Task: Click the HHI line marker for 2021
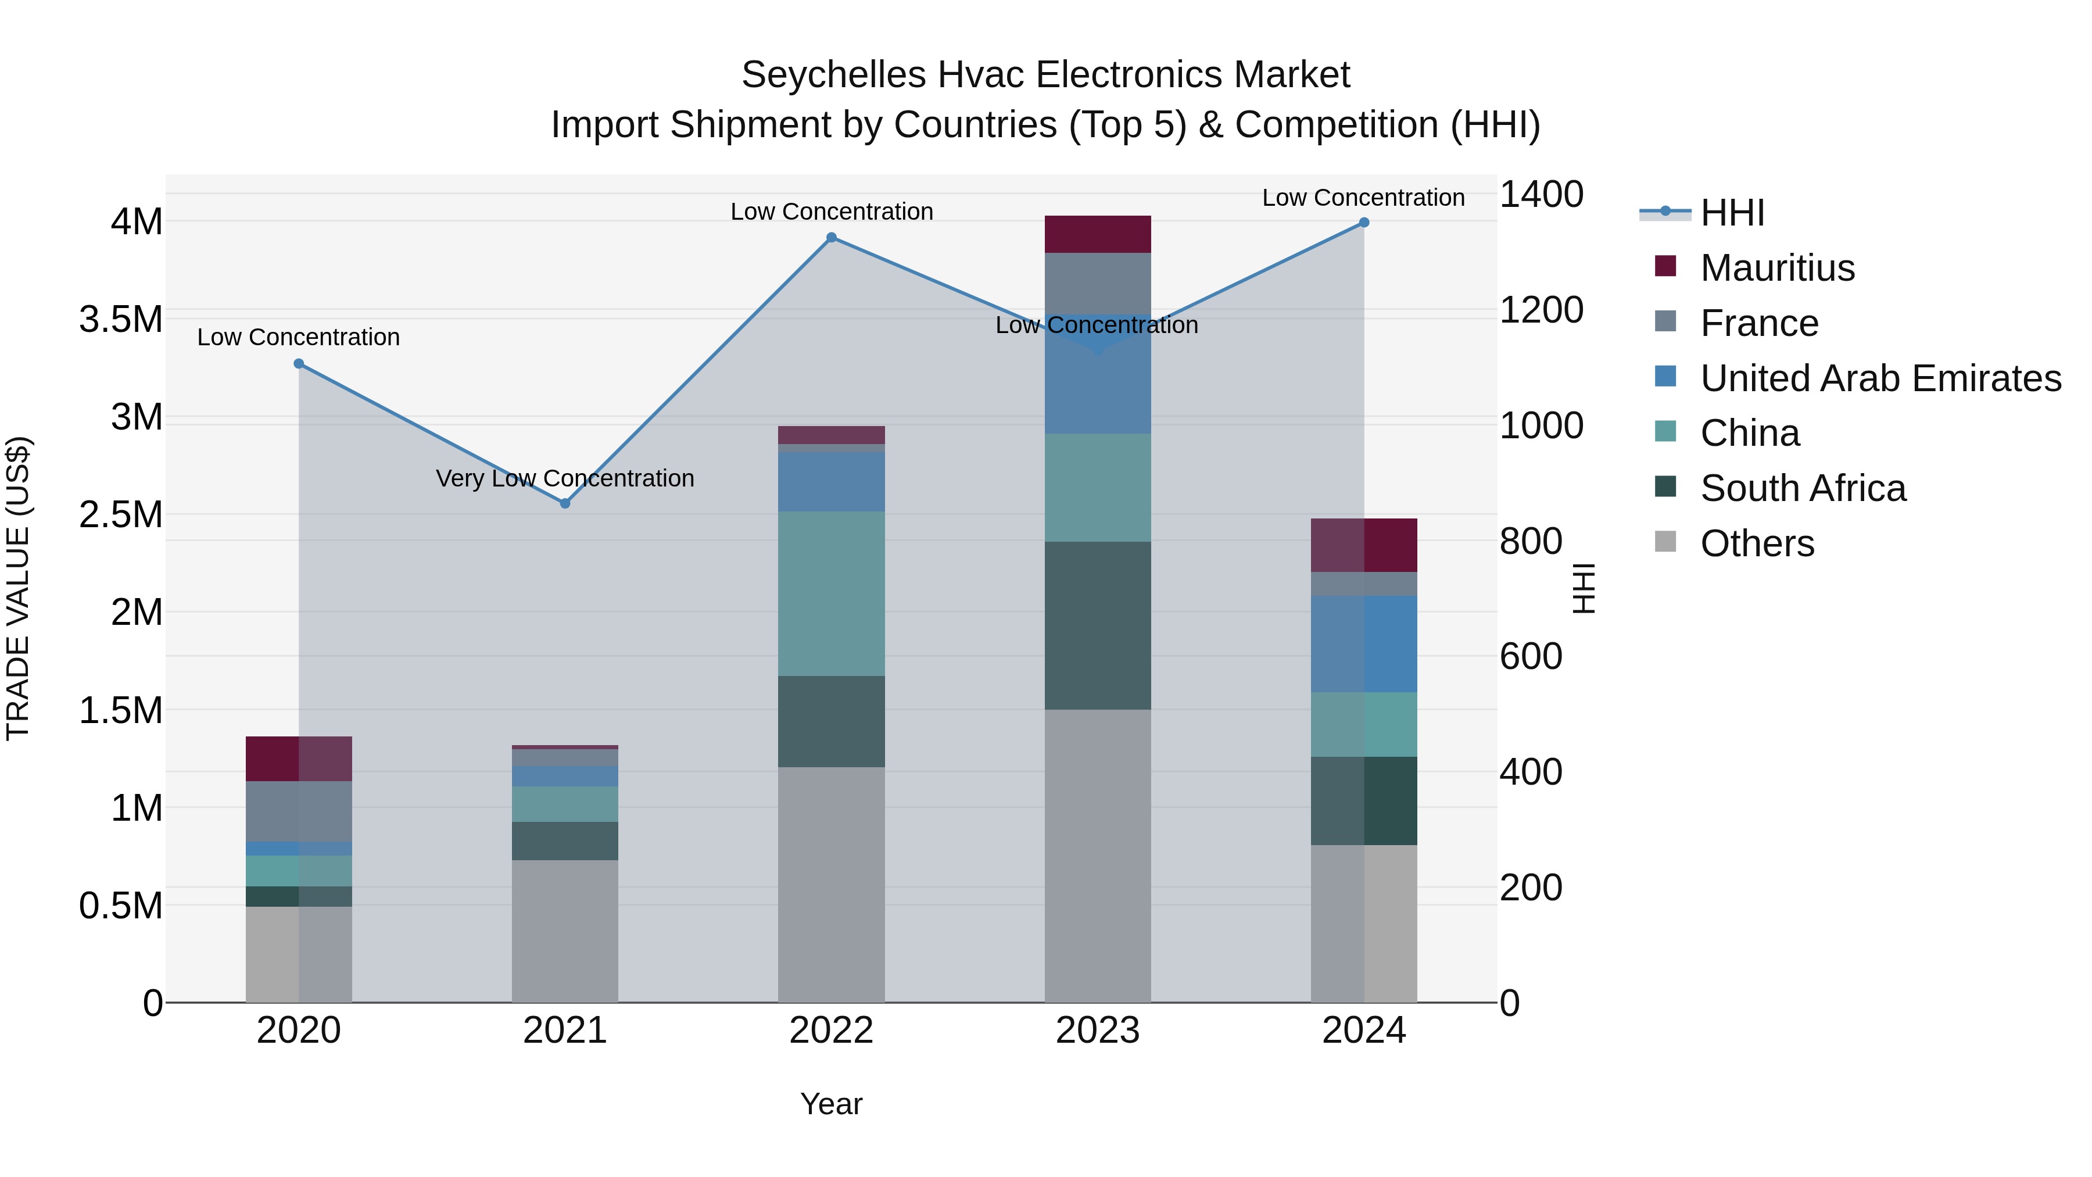point(565,503)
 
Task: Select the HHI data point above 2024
point(1363,223)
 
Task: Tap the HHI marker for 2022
point(831,238)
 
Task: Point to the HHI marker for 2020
point(299,364)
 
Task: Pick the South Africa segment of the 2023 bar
point(1097,625)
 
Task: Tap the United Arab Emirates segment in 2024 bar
point(1363,643)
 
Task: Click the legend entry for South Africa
point(1803,488)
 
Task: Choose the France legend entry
point(1759,323)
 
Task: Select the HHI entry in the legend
point(1732,213)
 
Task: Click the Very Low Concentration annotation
point(565,478)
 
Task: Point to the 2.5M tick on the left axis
point(120,515)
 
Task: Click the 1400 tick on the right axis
point(1541,195)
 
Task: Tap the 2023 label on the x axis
point(1097,1031)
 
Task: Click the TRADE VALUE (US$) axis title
point(18,588)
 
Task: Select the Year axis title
point(831,1104)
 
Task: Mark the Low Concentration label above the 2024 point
point(1363,198)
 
